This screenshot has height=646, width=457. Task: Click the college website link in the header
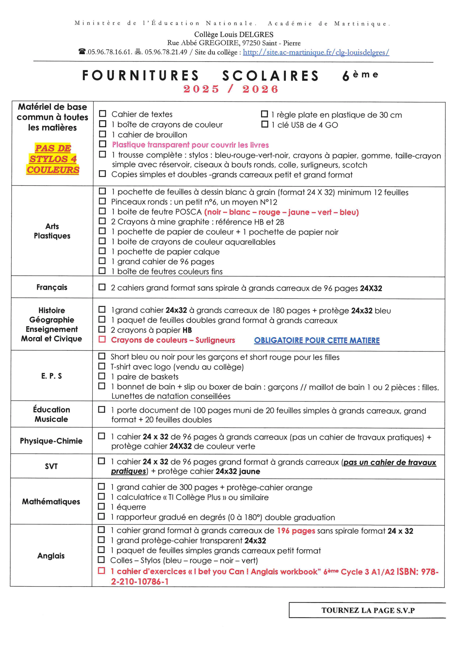coord(316,52)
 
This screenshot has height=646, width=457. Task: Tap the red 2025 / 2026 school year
coord(230,89)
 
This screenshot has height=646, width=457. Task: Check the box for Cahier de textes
coord(103,114)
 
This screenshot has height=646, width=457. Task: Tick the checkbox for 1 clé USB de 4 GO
coord(264,124)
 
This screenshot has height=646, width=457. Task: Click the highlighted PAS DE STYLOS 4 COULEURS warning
coord(53,159)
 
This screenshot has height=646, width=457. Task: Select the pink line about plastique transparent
coord(190,145)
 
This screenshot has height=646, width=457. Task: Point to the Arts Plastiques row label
coord(52,231)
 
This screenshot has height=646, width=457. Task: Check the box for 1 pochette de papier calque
coord(102,251)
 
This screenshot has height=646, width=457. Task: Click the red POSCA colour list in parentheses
coord(281,212)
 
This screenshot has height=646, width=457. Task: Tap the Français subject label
coord(52,287)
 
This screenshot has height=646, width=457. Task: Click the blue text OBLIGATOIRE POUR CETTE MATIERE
coord(317,340)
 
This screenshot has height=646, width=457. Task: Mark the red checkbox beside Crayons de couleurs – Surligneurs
coord(102,339)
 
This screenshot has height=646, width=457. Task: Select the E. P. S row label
coord(51,376)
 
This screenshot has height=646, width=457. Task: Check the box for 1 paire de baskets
coord(102,376)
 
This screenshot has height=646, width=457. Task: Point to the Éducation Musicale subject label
coord(51,414)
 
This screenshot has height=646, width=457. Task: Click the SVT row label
coord(51,466)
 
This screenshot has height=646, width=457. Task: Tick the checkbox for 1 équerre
coord(101,507)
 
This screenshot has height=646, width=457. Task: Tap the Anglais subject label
coord(51,556)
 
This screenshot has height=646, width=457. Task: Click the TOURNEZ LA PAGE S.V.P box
coord(368,610)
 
